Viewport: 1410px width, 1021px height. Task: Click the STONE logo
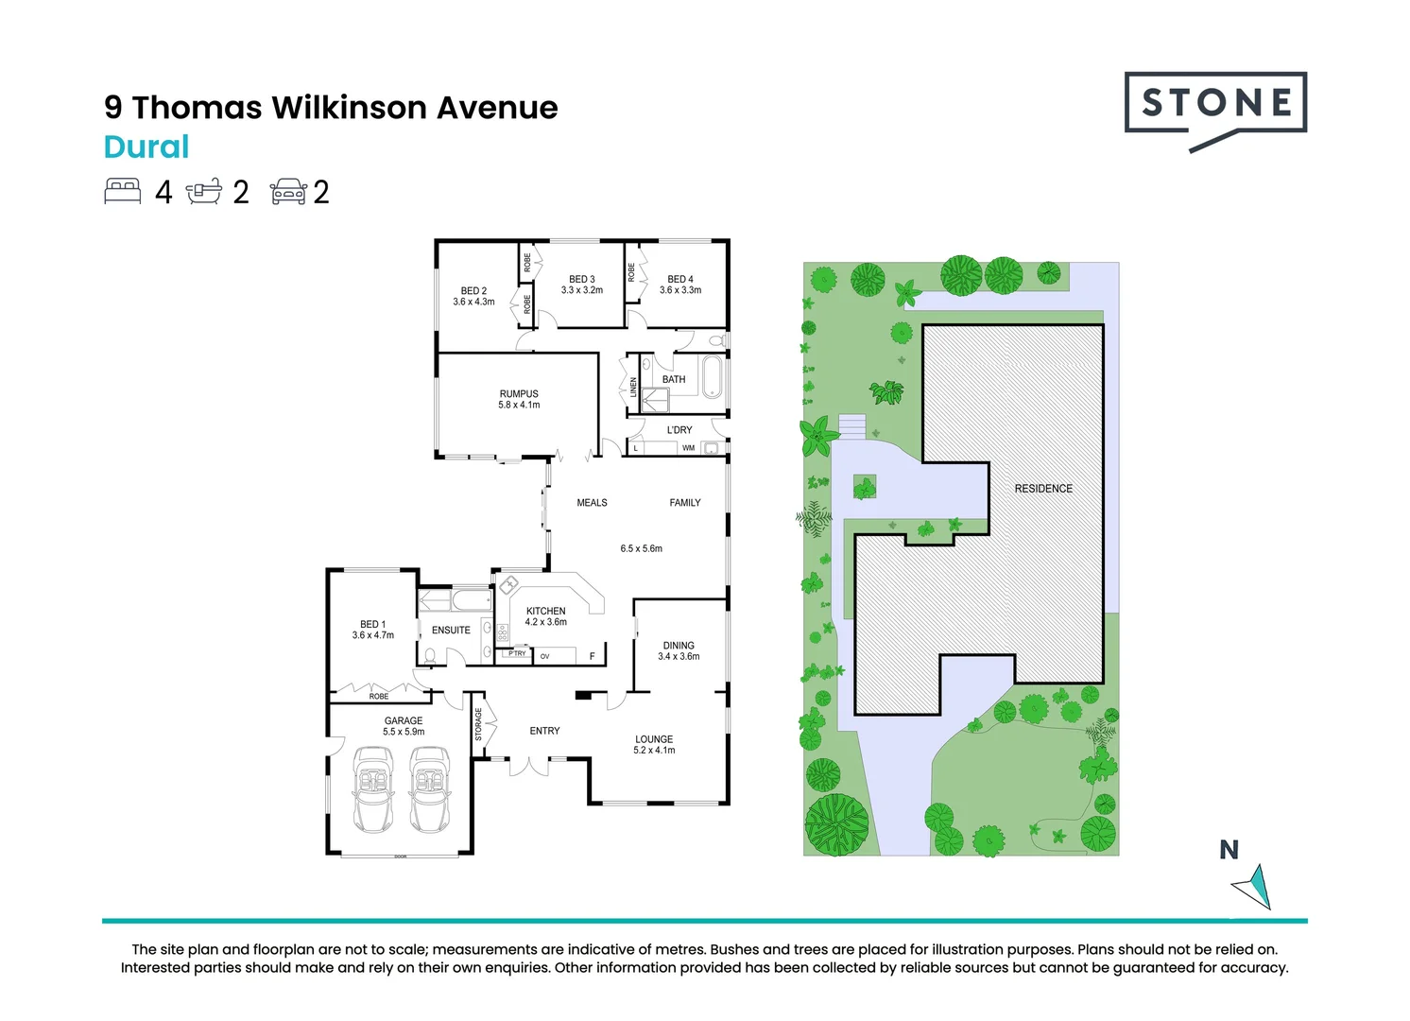pos(1215,105)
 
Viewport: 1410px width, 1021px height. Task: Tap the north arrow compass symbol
pos(1253,886)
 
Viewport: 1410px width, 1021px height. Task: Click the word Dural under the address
pos(146,147)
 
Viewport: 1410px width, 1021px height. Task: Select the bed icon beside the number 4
pos(123,191)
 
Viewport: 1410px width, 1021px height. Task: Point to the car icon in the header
pos(288,192)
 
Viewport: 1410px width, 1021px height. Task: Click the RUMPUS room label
pos(519,394)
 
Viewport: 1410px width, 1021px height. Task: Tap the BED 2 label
pos(473,291)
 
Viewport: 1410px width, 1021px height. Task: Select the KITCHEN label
pos(546,611)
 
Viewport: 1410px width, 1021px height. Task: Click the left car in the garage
pos(372,789)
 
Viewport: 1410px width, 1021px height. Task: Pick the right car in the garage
pos(430,789)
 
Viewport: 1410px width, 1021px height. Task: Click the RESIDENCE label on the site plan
pos(1043,489)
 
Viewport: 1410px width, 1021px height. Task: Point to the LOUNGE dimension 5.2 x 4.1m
pos(654,751)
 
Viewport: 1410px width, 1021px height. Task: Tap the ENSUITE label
pos(451,631)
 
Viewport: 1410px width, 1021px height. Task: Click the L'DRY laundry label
pos(679,430)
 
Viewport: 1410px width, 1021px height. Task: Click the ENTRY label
pos(544,731)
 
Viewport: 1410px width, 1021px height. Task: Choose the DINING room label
pos(679,646)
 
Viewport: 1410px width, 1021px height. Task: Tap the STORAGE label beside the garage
pos(478,724)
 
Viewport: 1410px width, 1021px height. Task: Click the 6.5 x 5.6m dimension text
pos(642,548)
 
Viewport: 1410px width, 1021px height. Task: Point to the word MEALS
pos(592,503)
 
